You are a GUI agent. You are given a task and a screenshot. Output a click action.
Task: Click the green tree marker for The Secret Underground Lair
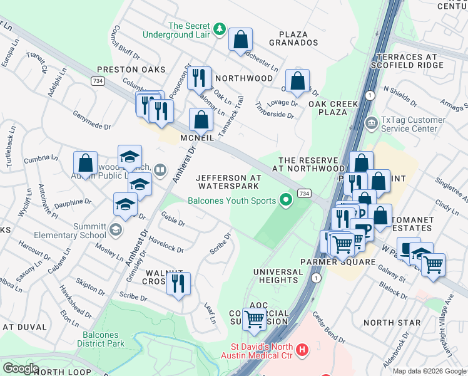tap(219, 29)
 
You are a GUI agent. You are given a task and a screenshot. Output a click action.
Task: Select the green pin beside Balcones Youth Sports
tap(287, 201)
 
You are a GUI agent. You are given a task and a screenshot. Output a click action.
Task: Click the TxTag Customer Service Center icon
tap(372, 122)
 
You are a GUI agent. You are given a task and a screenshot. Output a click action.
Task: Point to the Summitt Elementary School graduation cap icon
tap(115, 230)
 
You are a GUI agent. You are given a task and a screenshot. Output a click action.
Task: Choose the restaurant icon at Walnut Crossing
tap(179, 283)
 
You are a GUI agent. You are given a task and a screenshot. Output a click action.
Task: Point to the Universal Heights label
tap(278, 276)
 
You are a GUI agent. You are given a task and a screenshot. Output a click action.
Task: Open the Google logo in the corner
tap(21, 368)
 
